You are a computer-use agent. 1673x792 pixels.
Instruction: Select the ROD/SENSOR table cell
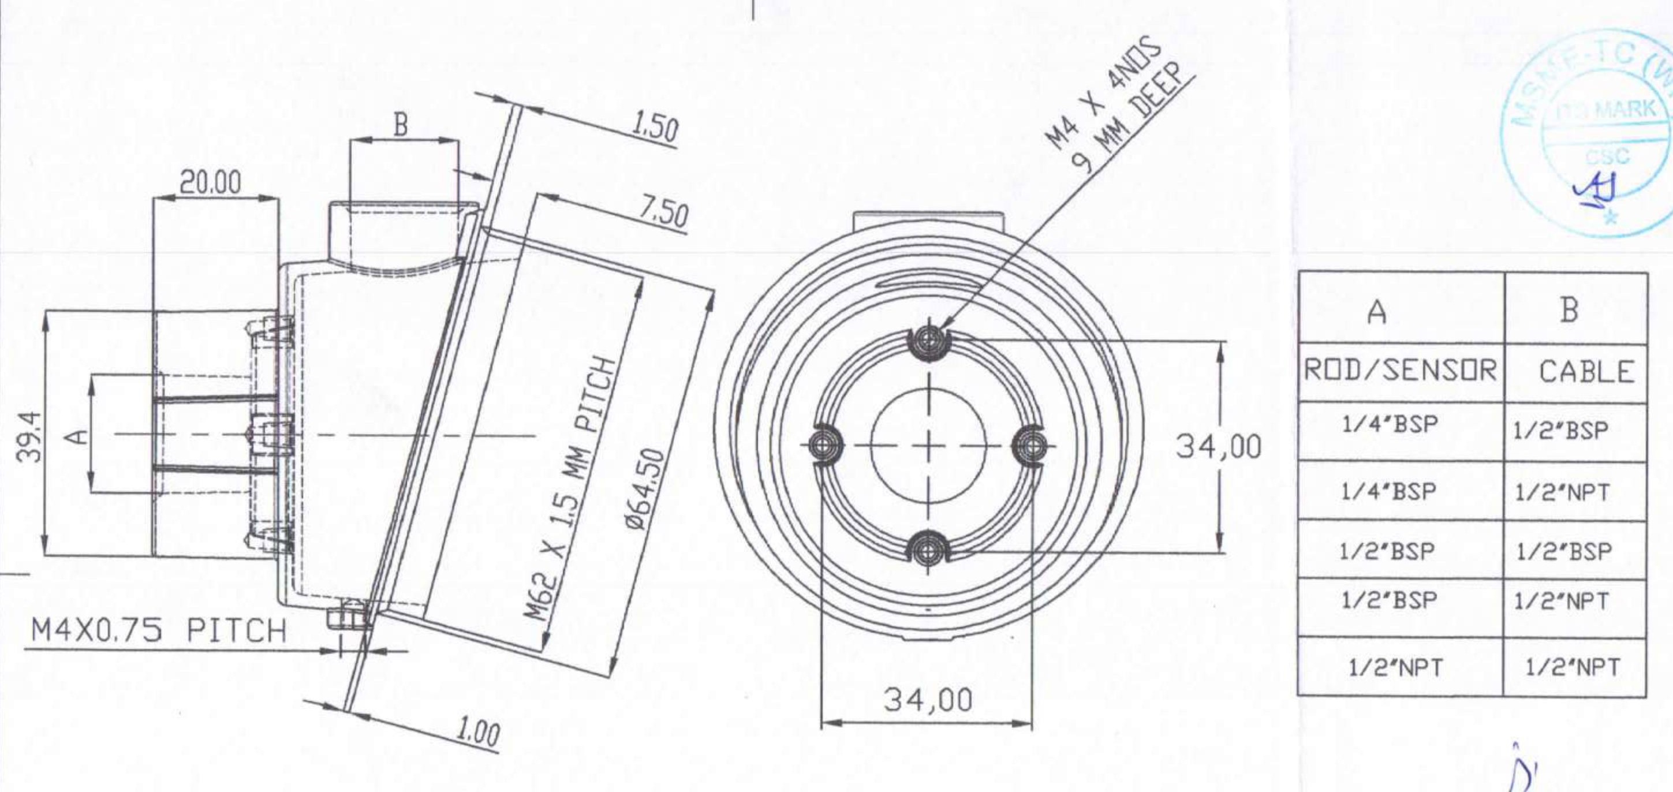(1401, 372)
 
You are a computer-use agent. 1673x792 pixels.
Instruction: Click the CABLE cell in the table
(1585, 372)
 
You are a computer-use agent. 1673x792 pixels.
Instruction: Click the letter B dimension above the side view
(401, 125)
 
